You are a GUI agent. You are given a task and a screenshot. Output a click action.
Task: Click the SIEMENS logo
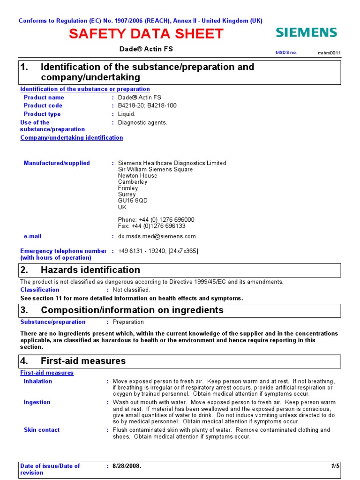click(x=306, y=32)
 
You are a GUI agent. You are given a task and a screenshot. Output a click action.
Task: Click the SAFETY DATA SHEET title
click(x=146, y=34)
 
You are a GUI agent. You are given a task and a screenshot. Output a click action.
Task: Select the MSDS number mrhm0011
click(x=330, y=53)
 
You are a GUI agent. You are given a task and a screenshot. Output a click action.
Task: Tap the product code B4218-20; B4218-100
click(x=147, y=105)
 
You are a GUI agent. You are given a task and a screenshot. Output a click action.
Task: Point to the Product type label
click(x=42, y=114)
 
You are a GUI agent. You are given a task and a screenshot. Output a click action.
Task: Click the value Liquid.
click(x=127, y=114)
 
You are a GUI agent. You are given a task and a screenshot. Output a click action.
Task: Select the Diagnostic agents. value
click(x=142, y=122)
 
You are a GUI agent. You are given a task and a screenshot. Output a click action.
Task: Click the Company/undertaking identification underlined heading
click(x=72, y=138)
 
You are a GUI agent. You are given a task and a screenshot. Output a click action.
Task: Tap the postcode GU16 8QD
click(x=133, y=201)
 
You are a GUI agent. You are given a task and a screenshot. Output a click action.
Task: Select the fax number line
click(x=151, y=226)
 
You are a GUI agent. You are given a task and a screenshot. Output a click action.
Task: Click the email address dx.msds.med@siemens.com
click(x=157, y=236)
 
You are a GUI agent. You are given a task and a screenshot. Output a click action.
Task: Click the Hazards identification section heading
click(x=90, y=270)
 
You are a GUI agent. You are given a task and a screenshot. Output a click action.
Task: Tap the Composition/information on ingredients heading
click(x=132, y=310)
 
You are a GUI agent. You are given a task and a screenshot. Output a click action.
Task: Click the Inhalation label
click(x=38, y=381)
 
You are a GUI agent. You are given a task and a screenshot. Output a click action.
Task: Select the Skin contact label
click(x=42, y=430)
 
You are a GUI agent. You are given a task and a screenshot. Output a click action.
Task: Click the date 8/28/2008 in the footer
click(x=127, y=466)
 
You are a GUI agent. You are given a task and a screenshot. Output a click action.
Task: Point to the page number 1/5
click(x=335, y=466)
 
